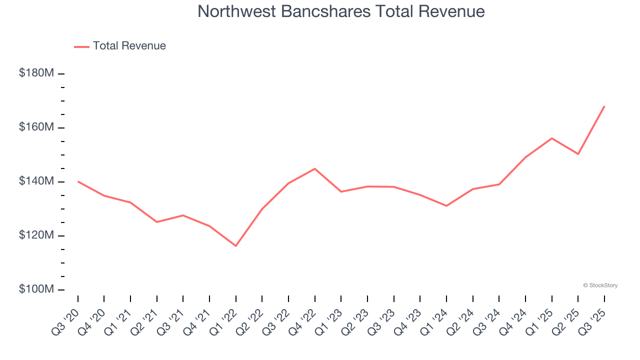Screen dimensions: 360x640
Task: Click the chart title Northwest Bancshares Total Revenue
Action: coord(341,11)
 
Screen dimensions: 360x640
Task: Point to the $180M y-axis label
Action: coord(36,73)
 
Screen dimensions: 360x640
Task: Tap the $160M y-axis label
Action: coord(36,127)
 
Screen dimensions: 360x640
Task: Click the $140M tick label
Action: coord(36,181)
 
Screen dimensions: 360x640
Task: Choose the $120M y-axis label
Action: coord(36,235)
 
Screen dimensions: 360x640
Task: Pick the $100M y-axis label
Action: coord(36,289)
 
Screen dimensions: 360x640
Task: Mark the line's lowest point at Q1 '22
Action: coord(236,246)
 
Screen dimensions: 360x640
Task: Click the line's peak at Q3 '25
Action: coord(604,106)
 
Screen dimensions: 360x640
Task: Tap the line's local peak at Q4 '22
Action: coord(314,168)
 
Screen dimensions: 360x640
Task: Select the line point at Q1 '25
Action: coord(551,138)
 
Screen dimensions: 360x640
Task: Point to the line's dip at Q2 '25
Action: coord(578,154)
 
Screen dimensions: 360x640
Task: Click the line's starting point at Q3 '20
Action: coord(78,181)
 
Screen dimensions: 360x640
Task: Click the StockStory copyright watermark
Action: coord(600,285)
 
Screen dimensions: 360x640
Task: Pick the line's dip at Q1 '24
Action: coord(446,205)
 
